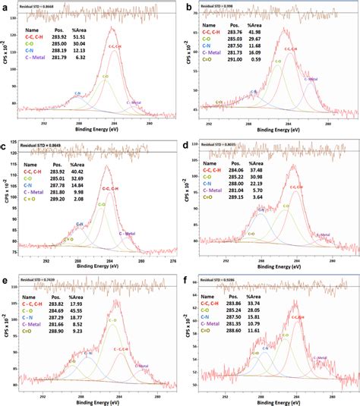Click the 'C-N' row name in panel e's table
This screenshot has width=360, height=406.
click(31, 317)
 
